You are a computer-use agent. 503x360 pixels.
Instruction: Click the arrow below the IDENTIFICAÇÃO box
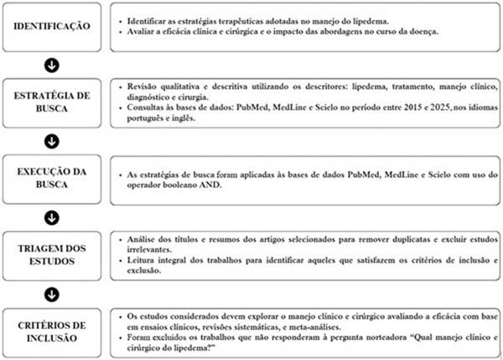53,63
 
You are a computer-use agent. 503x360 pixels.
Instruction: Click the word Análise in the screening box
136,239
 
